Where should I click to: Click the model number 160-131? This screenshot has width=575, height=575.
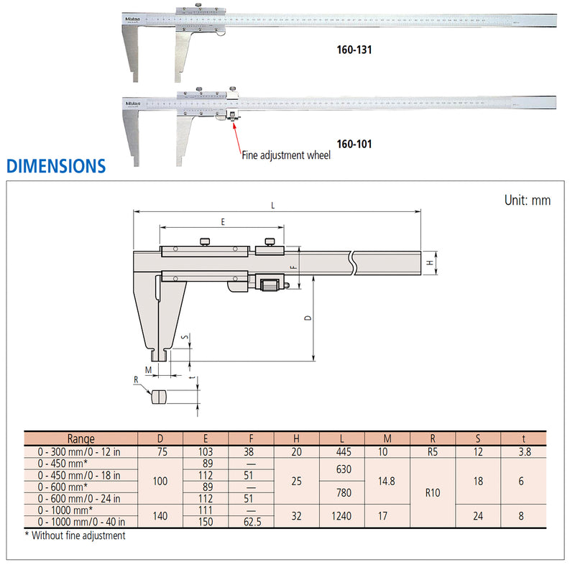pos(354,52)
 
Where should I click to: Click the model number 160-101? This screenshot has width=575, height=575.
pos(354,144)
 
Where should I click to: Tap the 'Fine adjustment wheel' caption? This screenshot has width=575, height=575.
pos(285,155)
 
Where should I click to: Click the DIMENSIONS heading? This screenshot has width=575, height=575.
pos(56,167)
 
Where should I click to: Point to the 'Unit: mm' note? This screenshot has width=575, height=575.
pos(527,201)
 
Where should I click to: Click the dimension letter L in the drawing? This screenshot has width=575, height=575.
pos(273,206)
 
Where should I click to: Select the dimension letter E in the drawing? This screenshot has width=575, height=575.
pos(222,223)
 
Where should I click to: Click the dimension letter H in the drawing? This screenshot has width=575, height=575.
pos(430,263)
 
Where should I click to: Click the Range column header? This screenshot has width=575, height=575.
pos(80,438)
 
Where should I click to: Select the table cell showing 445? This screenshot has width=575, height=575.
pos(341,452)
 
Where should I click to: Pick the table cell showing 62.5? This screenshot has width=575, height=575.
pos(251,521)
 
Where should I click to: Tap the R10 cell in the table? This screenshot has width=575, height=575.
pos(432,493)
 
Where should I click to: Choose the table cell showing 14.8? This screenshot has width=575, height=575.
pos(387,481)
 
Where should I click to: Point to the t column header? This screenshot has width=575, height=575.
pos(523,438)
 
